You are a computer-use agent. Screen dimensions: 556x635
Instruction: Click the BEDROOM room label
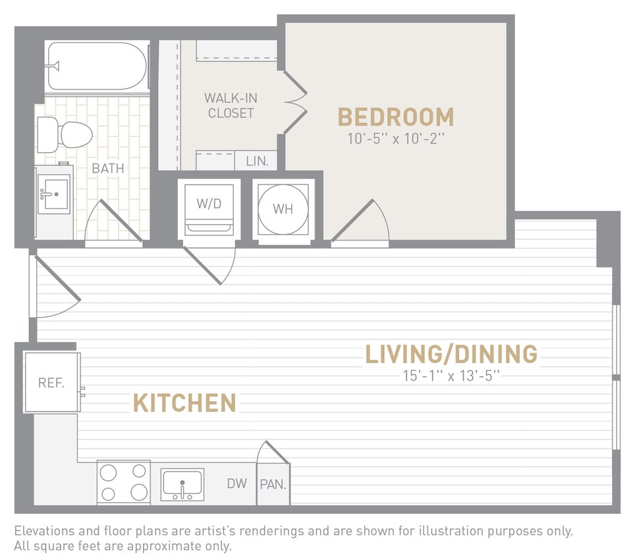396,117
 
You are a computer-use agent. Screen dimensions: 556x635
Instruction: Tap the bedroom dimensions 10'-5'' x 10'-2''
396,139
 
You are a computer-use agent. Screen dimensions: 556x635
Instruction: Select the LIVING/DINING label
451,354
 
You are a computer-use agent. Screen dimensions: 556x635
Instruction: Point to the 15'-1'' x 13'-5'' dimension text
452,376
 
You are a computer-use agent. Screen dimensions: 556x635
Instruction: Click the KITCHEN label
184,403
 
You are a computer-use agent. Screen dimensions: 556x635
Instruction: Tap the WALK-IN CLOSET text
231,105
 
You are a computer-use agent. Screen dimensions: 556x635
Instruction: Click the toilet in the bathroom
65,134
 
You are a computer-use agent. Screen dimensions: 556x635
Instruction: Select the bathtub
97,66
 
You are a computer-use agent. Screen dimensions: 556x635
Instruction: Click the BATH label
107,169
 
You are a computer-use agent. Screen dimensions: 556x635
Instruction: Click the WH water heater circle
283,209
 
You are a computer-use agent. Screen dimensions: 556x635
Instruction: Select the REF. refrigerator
51,383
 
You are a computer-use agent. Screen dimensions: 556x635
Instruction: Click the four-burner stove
123,482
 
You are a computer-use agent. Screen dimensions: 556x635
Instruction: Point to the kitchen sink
182,485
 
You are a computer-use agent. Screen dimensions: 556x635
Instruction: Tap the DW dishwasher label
236,484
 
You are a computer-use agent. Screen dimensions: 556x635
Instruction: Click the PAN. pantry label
272,485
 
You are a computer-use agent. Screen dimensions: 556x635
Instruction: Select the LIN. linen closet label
256,161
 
